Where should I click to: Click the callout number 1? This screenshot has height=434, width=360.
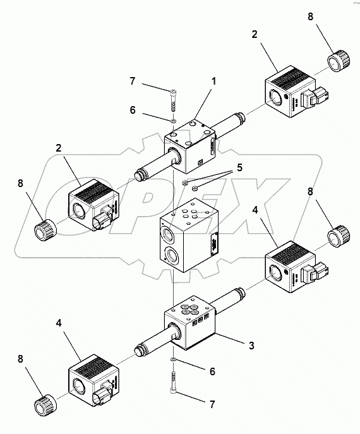(214, 81)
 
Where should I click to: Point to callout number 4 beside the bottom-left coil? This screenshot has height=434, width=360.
(59, 322)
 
